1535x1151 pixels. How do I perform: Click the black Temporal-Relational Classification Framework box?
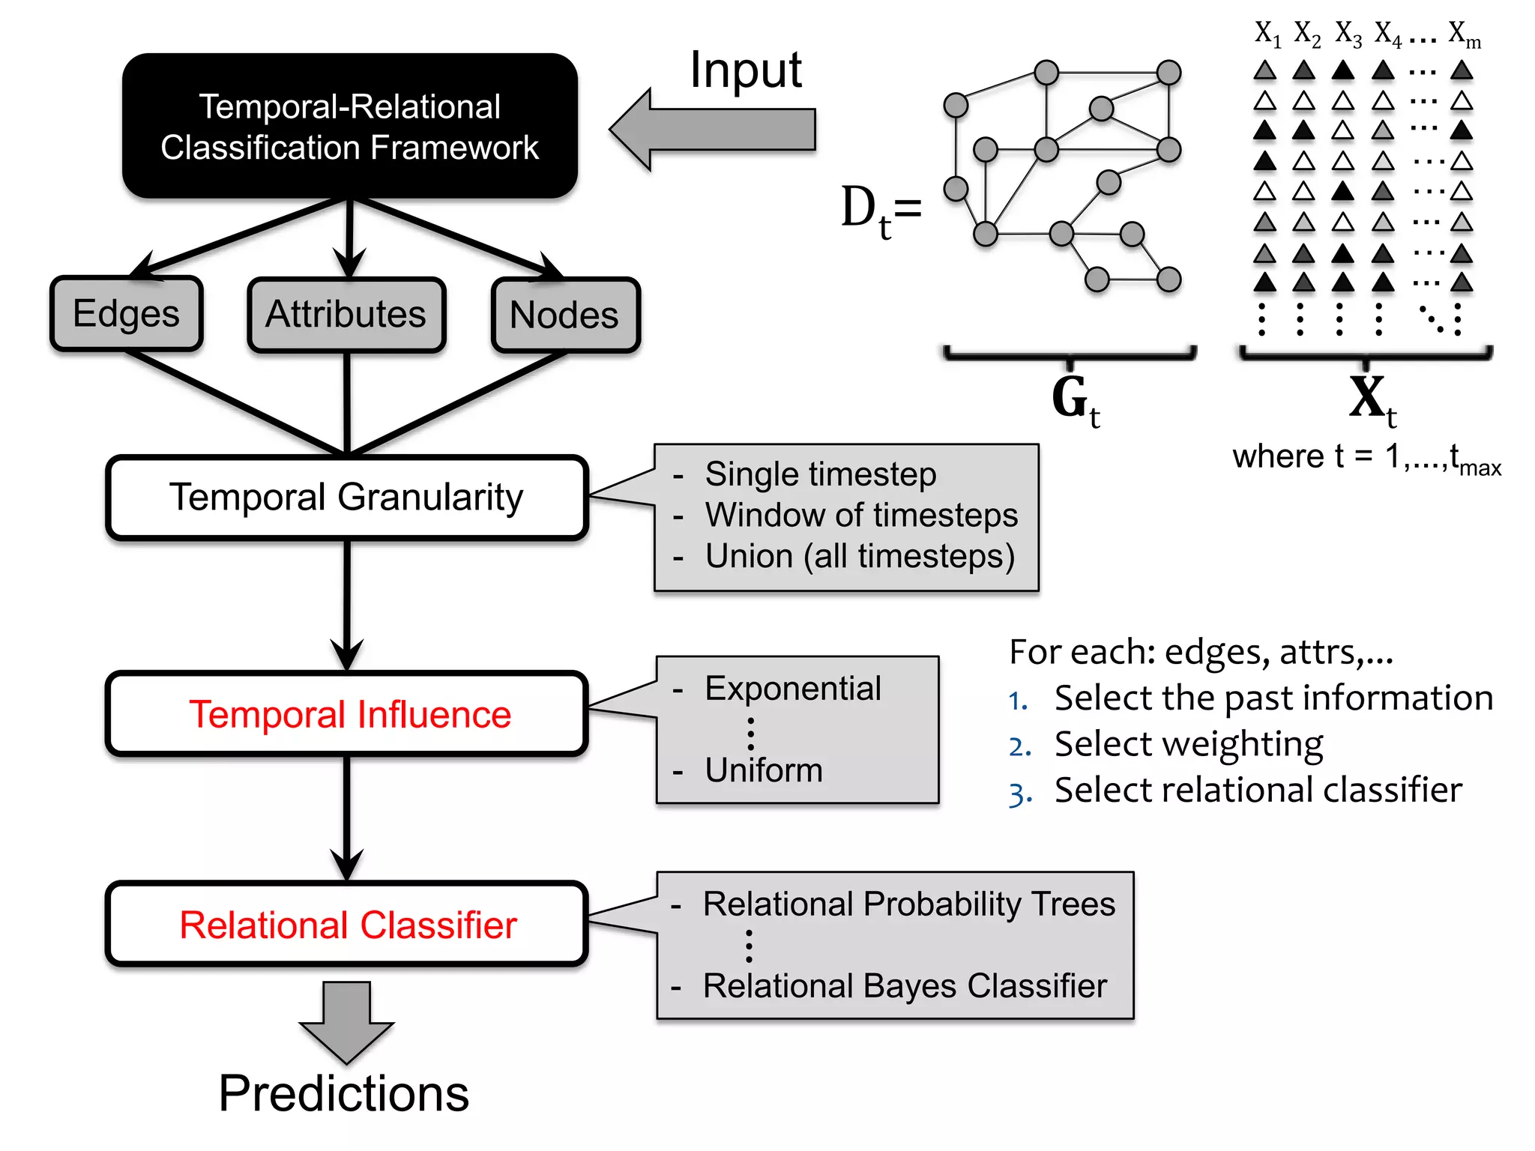click(x=349, y=126)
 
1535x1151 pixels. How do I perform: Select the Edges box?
click(x=126, y=313)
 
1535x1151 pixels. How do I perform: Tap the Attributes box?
click(x=346, y=314)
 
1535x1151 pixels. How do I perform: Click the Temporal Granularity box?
click(x=346, y=498)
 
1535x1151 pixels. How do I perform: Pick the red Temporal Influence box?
click(x=346, y=714)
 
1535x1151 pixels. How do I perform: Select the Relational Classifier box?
click(x=346, y=925)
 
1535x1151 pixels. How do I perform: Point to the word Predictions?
click(x=343, y=1094)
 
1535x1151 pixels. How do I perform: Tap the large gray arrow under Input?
click(x=712, y=130)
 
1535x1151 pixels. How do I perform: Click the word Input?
click(x=745, y=70)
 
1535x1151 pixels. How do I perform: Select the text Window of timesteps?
click(x=860, y=516)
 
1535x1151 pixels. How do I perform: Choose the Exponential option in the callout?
click(x=792, y=689)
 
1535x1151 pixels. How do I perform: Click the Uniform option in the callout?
click(x=763, y=770)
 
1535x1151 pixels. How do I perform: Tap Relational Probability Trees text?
click(x=908, y=904)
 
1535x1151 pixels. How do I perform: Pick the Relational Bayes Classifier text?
click(x=904, y=986)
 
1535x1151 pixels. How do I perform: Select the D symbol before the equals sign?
click(x=859, y=206)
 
